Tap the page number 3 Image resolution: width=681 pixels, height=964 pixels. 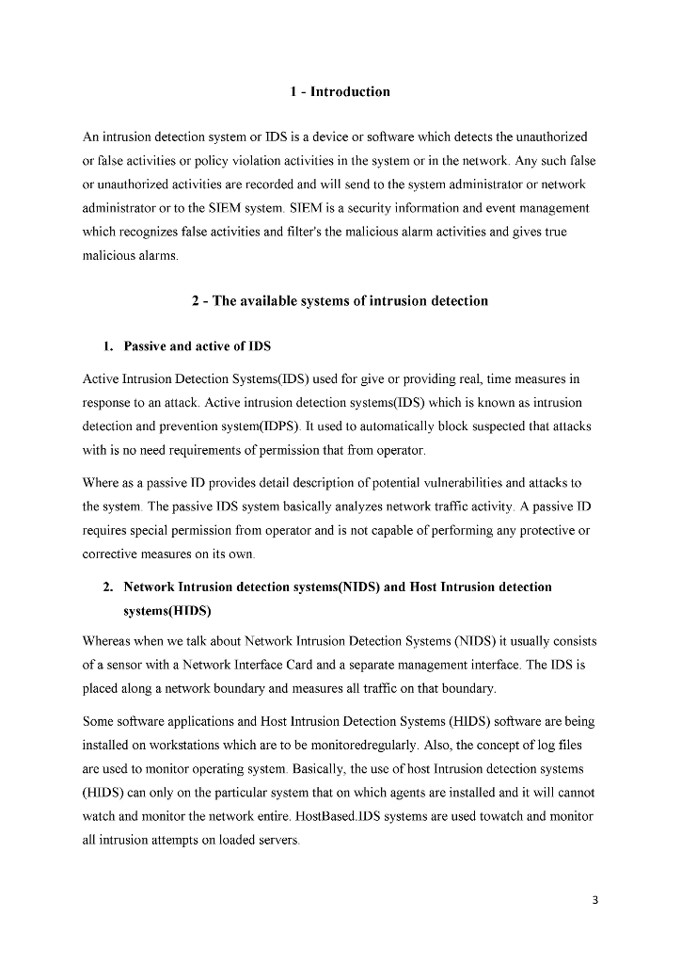pos(594,899)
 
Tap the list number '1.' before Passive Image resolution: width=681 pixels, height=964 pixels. pos(109,346)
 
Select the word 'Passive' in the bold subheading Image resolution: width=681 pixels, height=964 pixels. pos(146,346)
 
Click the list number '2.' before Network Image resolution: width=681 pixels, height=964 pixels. pos(109,587)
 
